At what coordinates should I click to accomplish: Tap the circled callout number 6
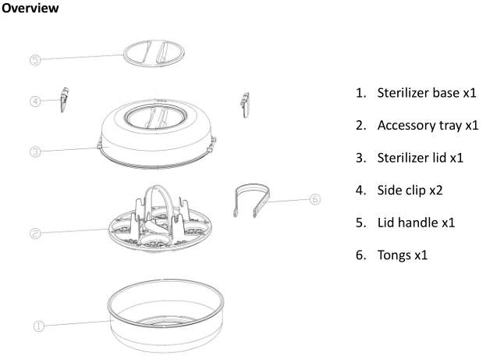click(315, 199)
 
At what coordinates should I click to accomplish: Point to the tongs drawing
click(256, 198)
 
